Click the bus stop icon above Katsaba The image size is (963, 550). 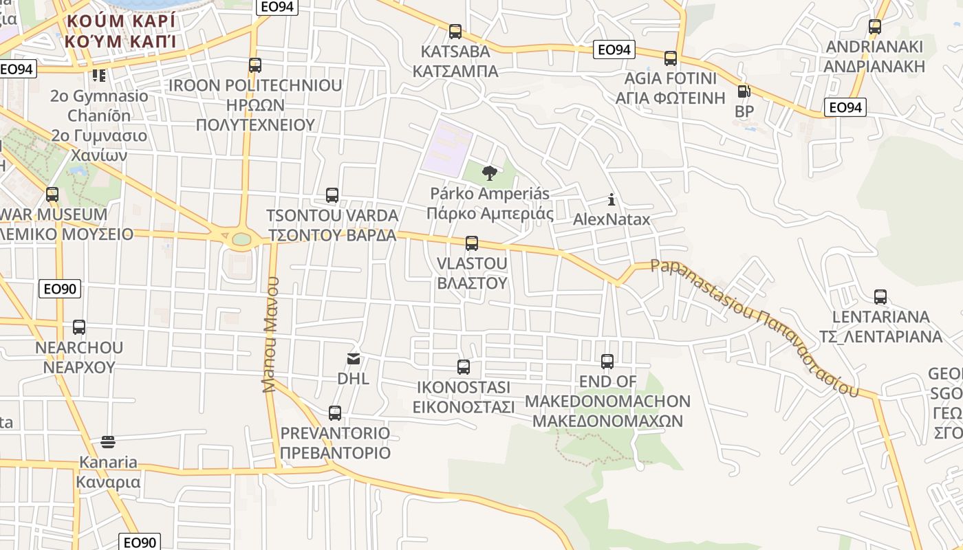pos(455,32)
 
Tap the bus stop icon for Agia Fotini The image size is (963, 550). pos(671,58)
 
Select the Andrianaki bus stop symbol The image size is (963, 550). pos(875,27)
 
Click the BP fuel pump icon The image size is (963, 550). pos(743,91)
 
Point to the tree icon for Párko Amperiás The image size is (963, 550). pos(490,173)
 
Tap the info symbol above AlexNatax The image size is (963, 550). pos(612,200)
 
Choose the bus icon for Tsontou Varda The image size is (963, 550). pos(332,195)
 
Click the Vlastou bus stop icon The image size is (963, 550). pos(472,243)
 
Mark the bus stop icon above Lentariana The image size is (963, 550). pos(880,297)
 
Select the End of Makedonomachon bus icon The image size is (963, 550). pos(607,362)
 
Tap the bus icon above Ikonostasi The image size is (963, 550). pos(464,367)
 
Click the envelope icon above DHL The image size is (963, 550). pos(354,358)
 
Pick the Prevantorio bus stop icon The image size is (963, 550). pos(335,413)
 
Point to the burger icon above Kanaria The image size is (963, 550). pos(107,441)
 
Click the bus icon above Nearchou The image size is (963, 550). pos(79,327)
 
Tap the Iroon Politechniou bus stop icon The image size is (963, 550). pos(255,65)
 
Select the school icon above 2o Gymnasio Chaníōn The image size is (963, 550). pos(99,75)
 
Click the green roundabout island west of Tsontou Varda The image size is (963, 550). pos(241,239)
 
